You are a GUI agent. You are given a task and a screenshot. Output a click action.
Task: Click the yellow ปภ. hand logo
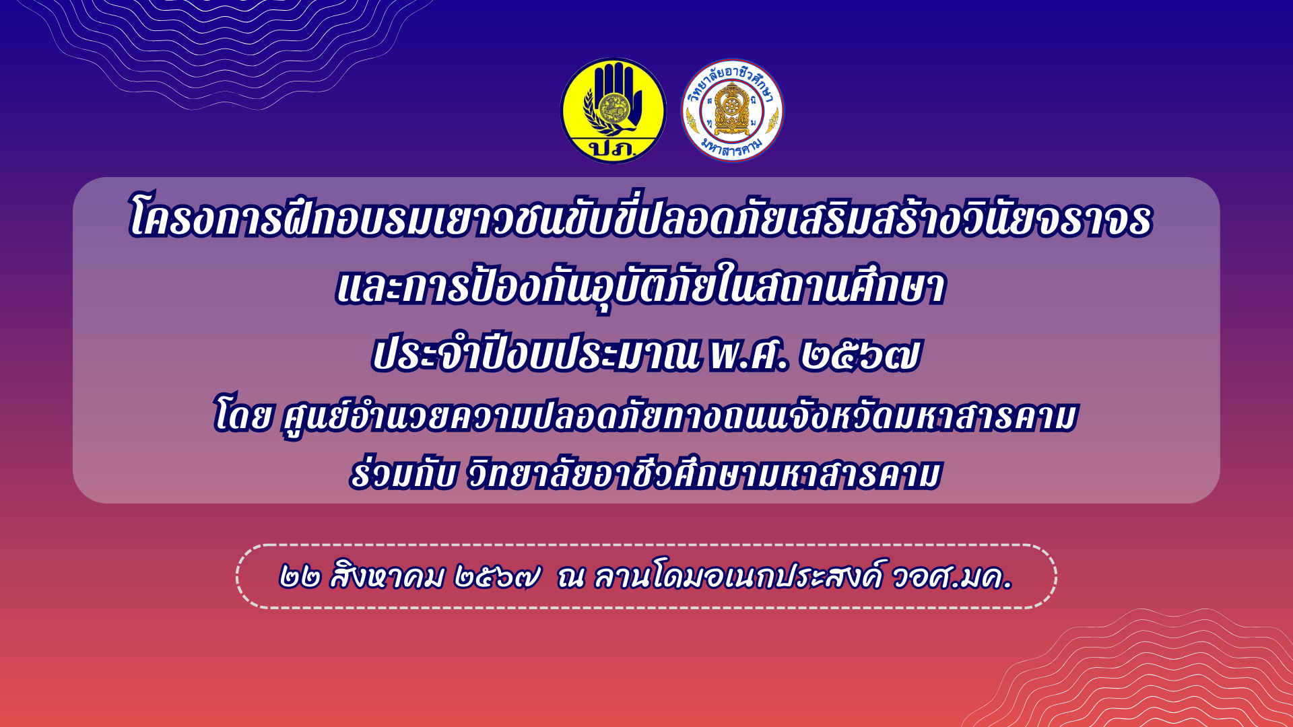tap(613, 110)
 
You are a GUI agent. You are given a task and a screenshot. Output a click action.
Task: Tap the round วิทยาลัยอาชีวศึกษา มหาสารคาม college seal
tap(732, 110)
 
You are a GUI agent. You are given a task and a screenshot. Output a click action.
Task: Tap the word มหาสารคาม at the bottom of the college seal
tap(732, 147)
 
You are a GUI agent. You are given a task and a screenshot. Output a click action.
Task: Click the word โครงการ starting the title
tap(205, 219)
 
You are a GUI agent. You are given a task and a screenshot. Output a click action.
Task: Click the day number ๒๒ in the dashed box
tap(299, 578)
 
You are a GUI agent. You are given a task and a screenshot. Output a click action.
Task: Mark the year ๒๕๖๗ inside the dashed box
tap(497, 578)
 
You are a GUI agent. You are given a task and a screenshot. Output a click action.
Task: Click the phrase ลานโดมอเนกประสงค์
tap(737, 576)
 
